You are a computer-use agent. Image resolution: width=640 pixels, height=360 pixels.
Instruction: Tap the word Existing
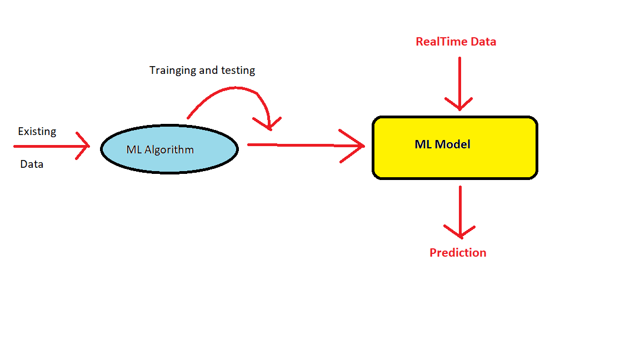pyautogui.click(x=37, y=132)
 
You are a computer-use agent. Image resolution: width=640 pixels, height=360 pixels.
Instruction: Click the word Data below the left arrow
pyautogui.click(x=32, y=164)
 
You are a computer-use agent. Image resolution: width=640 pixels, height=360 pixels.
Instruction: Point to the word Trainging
pyautogui.click(x=173, y=71)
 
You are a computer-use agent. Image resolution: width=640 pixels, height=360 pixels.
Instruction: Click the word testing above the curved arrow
pyautogui.click(x=238, y=71)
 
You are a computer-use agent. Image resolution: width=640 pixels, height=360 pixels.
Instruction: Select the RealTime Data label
pyautogui.click(x=456, y=42)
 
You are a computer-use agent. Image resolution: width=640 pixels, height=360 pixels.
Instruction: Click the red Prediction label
pyautogui.click(x=458, y=253)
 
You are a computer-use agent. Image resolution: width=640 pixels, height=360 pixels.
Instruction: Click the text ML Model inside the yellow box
pyautogui.click(x=442, y=144)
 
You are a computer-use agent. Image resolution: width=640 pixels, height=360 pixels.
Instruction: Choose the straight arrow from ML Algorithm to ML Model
pyautogui.click(x=300, y=145)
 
